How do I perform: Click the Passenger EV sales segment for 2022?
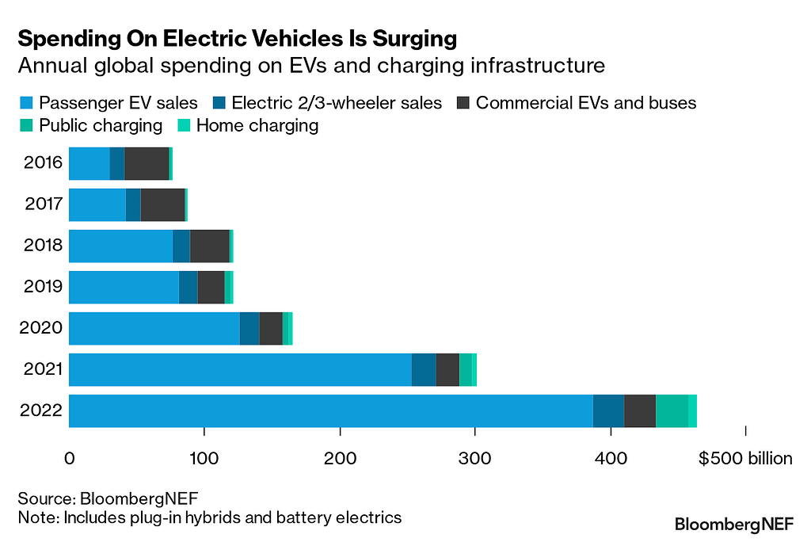coord(331,410)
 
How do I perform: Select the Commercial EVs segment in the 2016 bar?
coord(147,163)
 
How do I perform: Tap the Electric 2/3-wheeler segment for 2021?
coord(424,369)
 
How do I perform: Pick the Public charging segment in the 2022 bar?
coord(672,410)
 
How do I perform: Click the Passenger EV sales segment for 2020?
coord(154,328)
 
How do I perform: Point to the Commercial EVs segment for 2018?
coord(209,246)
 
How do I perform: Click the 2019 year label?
coord(44,287)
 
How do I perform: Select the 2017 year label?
coord(44,204)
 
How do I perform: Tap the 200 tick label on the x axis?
coord(340,459)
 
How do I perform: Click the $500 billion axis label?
coord(744,459)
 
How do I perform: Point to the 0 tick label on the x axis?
coord(70,459)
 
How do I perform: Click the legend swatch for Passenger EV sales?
coord(26,103)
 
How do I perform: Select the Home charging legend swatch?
coord(183,125)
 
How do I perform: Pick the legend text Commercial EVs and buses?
coord(586,103)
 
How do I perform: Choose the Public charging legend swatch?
coord(26,125)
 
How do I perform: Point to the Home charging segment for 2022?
coord(692,410)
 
